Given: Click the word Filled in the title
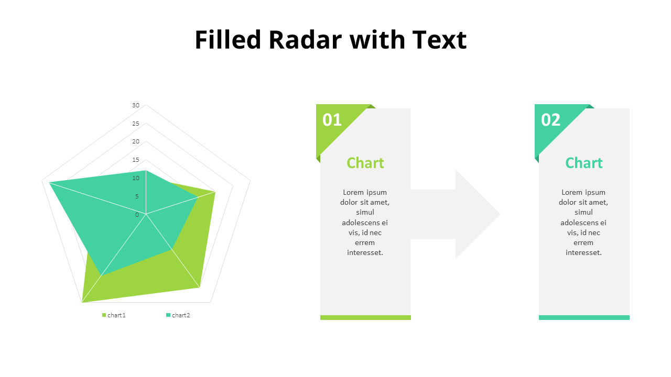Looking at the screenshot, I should tap(228, 40).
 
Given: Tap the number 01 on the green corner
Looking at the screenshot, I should tap(332, 120).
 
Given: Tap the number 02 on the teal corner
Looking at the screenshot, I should tap(550, 120).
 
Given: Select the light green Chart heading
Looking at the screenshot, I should tap(365, 163).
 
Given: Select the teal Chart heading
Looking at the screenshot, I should tap(584, 163).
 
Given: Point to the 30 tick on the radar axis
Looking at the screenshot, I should tap(136, 105).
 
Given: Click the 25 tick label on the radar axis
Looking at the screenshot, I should tap(136, 124).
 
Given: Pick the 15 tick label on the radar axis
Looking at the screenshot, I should tap(136, 160).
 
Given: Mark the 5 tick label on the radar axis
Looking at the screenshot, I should tap(137, 196).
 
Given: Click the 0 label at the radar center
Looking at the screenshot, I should tap(137, 215).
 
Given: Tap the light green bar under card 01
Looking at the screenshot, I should tap(365, 317).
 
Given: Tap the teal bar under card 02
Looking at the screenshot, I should tap(584, 317).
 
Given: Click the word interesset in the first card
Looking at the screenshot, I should tap(365, 253).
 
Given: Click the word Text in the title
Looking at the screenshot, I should tap(439, 40).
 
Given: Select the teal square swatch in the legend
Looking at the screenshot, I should tap(168, 315).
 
